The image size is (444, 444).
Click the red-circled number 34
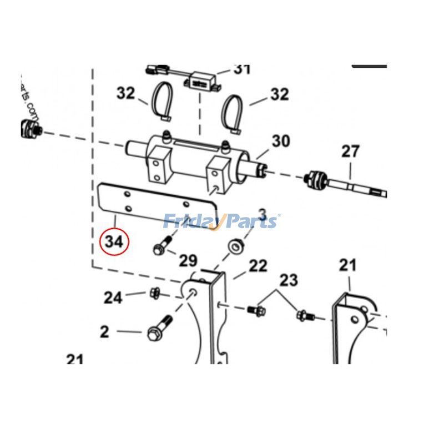(x=113, y=241)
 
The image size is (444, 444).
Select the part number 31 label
(x=241, y=69)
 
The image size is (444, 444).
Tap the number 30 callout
(x=280, y=141)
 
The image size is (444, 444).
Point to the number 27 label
(x=350, y=151)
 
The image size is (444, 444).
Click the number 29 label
(x=188, y=260)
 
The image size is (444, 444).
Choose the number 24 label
(x=113, y=298)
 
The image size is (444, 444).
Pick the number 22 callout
(x=258, y=266)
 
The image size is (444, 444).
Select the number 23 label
(x=288, y=280)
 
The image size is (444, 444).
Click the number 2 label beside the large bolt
(x=105, y=332)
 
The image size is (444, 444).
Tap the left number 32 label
(x=125, y=93)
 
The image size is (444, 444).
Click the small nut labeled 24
(x=155, y=292)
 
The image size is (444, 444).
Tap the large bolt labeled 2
(x=158, y=329)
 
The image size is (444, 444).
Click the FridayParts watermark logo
(x=221, y=221)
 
